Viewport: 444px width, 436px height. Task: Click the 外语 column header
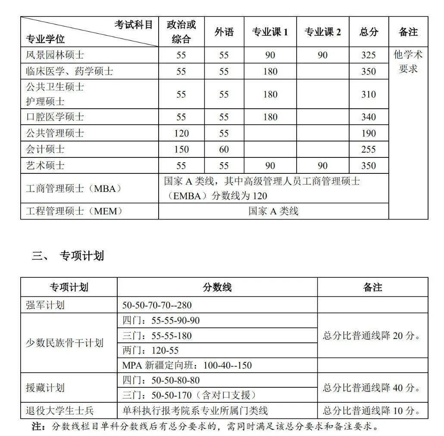(x=224, y=32)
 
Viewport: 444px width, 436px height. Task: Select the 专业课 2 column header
(x=322, y=32)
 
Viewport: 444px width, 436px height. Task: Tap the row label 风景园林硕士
(x=55, y=55)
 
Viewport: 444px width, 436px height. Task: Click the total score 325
(x=368, y=55)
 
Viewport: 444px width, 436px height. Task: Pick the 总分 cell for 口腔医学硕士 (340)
(x=368, y=117)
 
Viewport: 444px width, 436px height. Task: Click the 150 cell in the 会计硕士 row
(x=181, y=150)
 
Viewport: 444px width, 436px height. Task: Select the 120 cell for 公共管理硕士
(x=181, y=133)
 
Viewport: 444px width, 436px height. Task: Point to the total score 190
(x=368, y=133)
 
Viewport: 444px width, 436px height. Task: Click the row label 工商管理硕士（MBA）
(x=74, y=188)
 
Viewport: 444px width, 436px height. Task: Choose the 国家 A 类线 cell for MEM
(x=273, y=211)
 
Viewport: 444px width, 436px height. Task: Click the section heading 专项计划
(x=81, y=256)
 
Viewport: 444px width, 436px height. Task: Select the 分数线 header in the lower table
(x=217, y=287)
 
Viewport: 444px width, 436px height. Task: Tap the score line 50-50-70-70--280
(x=157, y=305)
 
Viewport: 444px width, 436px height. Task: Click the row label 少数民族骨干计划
(x=65, y=343)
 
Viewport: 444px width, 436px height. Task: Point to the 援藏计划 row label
(x=45, y=388)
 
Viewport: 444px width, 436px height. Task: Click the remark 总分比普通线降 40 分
(x=372, y=388)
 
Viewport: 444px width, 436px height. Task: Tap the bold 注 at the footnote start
(x=38, y=427)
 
